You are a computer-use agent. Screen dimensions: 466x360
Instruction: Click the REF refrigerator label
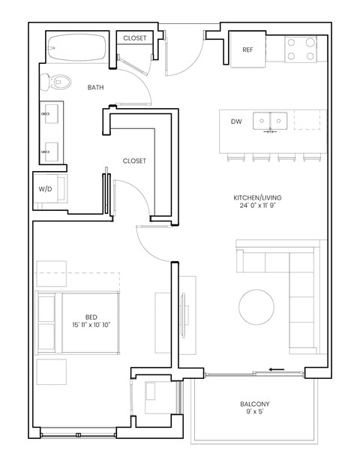247,50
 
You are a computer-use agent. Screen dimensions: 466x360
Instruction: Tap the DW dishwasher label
236,121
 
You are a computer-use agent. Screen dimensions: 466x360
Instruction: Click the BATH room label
96,88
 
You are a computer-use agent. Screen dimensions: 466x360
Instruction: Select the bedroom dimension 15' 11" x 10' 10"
91,325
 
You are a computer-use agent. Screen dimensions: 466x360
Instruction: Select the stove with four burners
300,49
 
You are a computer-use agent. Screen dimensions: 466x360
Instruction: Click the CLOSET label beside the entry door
134,38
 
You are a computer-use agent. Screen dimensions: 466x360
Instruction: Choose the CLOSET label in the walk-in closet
134,161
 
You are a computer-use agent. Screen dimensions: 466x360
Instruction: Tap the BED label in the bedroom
91,317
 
